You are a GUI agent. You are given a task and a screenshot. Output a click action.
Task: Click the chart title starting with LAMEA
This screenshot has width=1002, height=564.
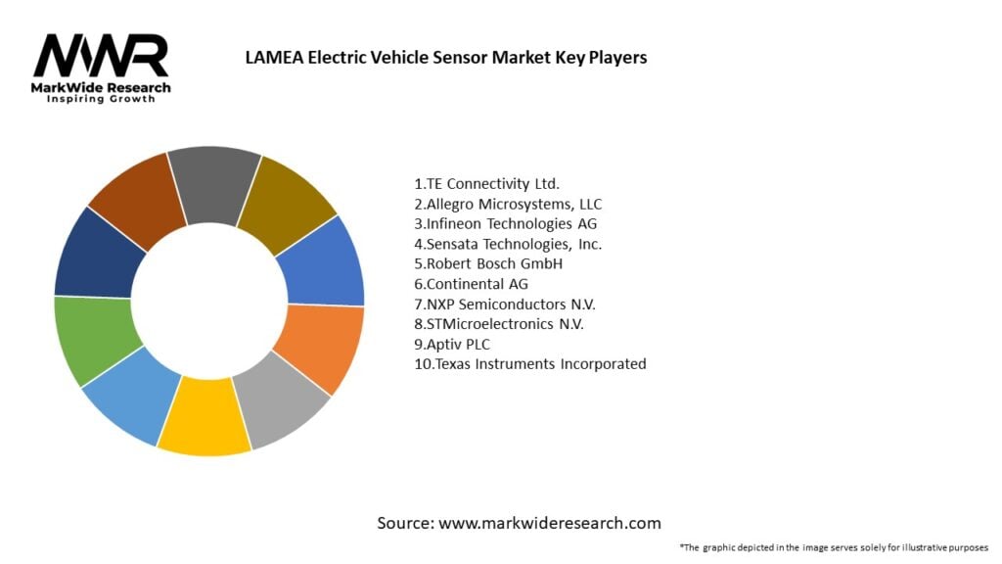(x=445, y=58)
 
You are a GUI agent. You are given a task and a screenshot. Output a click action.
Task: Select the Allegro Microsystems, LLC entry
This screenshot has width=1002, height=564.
(x=508, y=204)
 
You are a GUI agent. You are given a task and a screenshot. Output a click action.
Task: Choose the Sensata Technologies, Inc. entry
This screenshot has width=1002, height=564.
(x=508, y=244)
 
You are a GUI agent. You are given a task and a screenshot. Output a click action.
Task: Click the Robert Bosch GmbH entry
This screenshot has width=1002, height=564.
(x=488, y=263)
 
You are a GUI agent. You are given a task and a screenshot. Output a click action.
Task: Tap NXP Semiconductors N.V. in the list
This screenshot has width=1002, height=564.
(x=505, y=304)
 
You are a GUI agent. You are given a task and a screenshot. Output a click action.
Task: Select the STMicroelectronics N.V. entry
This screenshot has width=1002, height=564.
(x=505, y=324)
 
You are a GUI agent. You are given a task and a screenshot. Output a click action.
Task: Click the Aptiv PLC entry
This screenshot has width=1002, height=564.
(x=453, y=344)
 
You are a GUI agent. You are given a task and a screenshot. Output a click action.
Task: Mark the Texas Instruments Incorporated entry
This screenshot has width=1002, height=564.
(x=530, y=364)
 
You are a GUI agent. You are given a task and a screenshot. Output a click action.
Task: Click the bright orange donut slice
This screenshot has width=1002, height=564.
(x=320, y=343)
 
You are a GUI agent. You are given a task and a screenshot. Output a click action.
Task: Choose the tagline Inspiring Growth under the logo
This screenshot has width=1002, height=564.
(x=101, y=100)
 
